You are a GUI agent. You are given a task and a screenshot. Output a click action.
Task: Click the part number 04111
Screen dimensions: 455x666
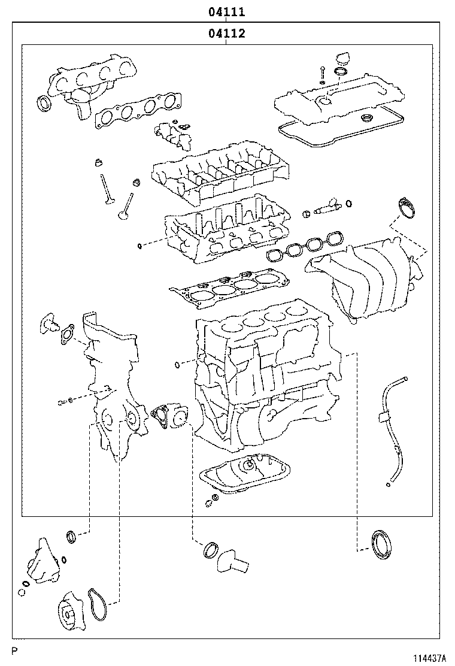point(226,12)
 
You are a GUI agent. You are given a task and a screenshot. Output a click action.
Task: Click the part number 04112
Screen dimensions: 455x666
point(227,33)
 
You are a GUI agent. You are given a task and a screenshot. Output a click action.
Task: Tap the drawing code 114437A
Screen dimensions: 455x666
point(429,659)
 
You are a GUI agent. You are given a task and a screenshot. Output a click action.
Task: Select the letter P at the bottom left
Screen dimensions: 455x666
point(14,650)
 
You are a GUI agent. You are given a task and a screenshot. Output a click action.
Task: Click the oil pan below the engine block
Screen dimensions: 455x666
point(245,472)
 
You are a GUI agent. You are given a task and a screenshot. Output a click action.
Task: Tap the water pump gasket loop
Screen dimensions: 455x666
point(98,605)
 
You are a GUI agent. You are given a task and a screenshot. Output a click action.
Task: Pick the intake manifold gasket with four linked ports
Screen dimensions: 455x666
point(305,246)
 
